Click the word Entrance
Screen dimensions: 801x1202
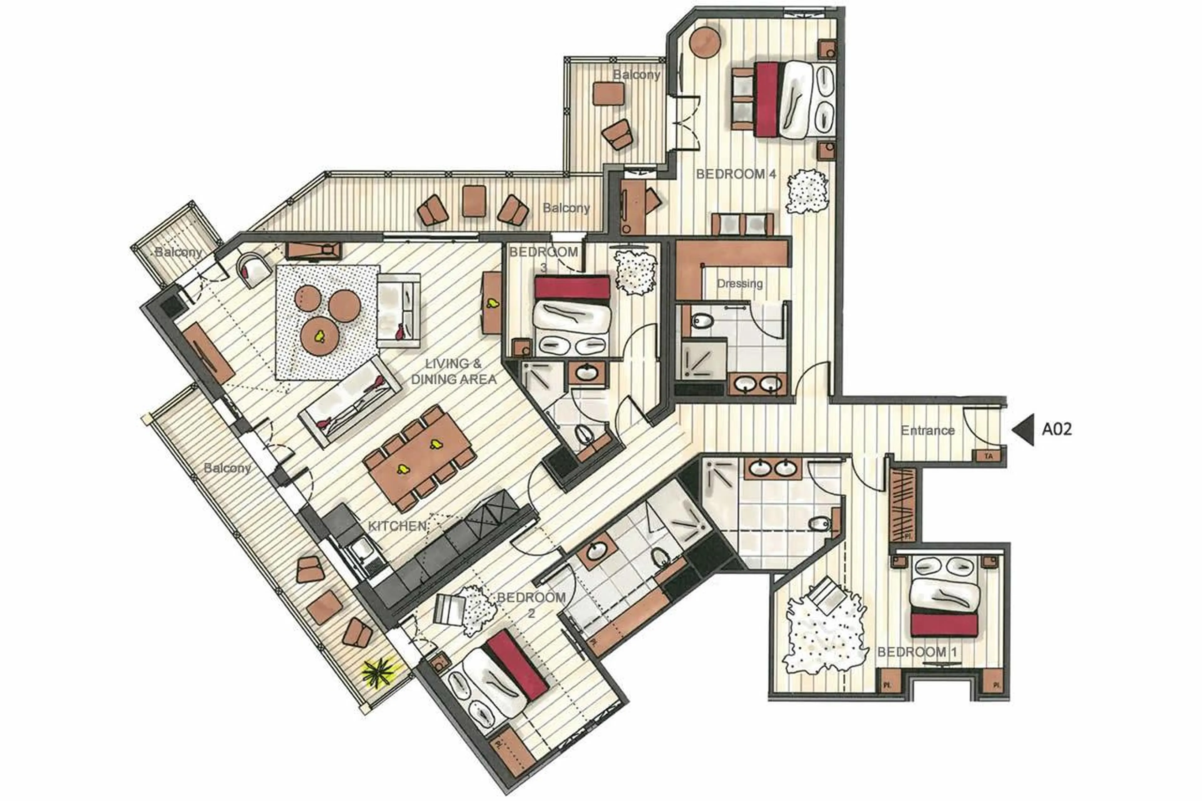point(927,431)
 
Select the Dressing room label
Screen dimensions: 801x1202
point(739,284)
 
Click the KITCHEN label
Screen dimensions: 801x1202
point(397,526)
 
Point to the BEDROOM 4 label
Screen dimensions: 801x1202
point(736,174)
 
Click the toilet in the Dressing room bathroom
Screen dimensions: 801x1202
point(702,321)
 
